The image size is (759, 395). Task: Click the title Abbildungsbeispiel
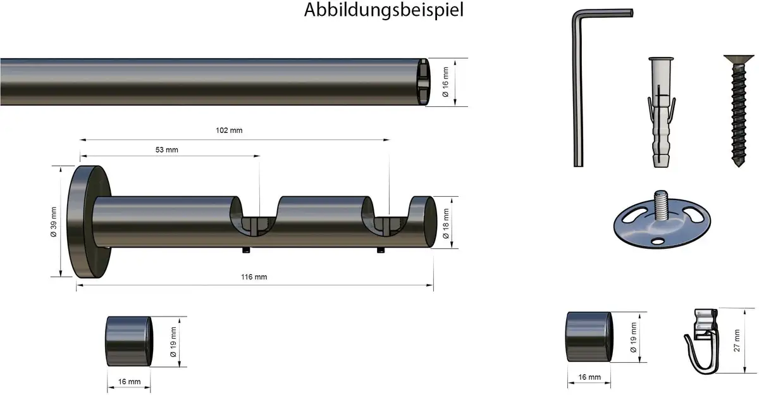383,11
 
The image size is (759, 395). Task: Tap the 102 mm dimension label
229,130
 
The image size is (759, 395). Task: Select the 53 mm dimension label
167,149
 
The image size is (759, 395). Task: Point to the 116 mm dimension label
254,277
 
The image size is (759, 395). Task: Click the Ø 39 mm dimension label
54,222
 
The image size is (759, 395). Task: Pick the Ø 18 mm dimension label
445,223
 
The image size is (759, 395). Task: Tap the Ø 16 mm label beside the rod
445,82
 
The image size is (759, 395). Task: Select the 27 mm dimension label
737,341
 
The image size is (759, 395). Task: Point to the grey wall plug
661,112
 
